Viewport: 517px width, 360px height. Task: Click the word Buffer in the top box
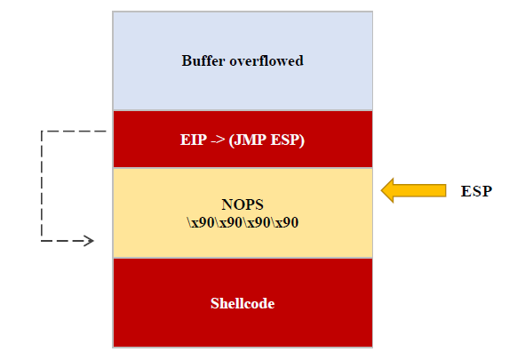(203, 61)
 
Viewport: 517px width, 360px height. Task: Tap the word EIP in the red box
(192, 140)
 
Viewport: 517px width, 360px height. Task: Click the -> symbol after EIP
(217, 140)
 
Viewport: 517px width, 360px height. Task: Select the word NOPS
(243, 204)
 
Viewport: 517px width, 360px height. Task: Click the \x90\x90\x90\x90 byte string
(243, 222)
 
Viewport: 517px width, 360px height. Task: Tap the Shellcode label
(243, 303)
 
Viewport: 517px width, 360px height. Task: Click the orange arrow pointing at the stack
(413, 189)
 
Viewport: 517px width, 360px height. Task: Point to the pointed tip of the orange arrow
(383, 189)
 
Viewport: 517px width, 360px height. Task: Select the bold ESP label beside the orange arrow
(476, 191)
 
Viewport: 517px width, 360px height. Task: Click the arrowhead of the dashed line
(88, 241)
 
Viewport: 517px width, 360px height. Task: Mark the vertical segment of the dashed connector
(42, 187)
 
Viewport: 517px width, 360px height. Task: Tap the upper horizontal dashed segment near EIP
(74, 132)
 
